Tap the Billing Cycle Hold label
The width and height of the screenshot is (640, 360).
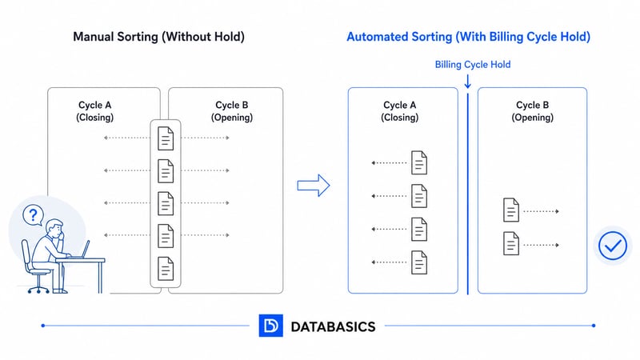472,65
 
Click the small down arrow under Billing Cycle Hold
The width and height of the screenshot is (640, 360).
467,81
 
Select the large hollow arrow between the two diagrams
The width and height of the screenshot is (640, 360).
314,186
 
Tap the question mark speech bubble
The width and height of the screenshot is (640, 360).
32,214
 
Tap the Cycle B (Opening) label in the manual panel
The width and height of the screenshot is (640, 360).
232,111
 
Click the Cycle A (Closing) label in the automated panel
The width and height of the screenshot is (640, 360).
400,111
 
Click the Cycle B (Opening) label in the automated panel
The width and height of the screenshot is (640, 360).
533,111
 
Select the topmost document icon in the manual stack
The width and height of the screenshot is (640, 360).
166,138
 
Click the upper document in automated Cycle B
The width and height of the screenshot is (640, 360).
511,210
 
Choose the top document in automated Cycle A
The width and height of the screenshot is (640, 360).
419,162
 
